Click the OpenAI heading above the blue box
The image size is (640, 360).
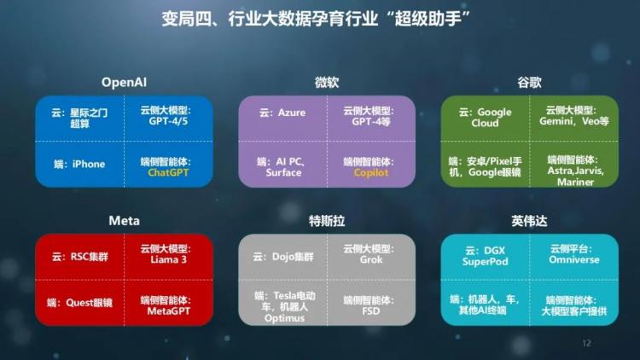pos(124,83)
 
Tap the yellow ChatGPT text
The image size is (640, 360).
pos(168,172)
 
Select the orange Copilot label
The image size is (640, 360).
pos(371,172)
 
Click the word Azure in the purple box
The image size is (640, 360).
pos(292,113)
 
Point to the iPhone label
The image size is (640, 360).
pos(89,164)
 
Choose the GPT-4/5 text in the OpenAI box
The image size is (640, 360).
pos(168,121)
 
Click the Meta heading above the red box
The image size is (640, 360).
pos(124,221)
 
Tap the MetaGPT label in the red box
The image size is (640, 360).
pos(169,311)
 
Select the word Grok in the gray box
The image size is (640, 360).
pos(371,259)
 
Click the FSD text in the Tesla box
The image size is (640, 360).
pos(370,311)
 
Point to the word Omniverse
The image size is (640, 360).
pos(574,259)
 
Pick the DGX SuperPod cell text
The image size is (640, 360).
pos(486,256)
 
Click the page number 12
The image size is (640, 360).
pos(586,343)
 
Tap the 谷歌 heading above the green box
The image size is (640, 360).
pos(529,83)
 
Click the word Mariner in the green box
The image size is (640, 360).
pos(575,182)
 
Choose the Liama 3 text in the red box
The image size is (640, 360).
pos(169,259)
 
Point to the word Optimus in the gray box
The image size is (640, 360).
pos(284,318)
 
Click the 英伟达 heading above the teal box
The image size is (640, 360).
pos(529,221)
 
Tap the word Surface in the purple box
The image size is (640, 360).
pos(283,172)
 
